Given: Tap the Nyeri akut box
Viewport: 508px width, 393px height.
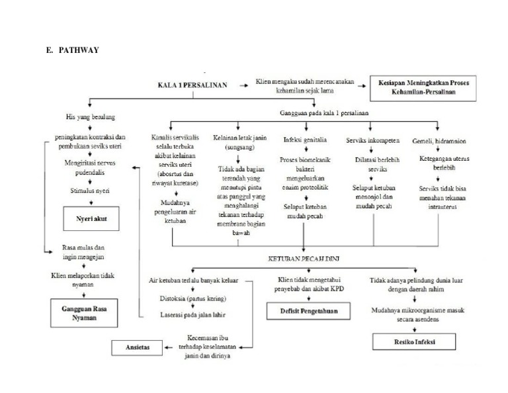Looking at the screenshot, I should (x=90, y=218).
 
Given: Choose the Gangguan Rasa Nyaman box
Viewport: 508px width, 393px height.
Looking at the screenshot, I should (x=84, y=312).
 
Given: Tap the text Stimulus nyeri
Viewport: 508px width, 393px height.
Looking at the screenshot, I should (x=90, y=189).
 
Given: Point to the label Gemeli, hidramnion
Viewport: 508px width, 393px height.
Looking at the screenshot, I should (x=437, y=140).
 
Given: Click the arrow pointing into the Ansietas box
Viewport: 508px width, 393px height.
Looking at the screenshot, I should (x=170, y=347).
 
